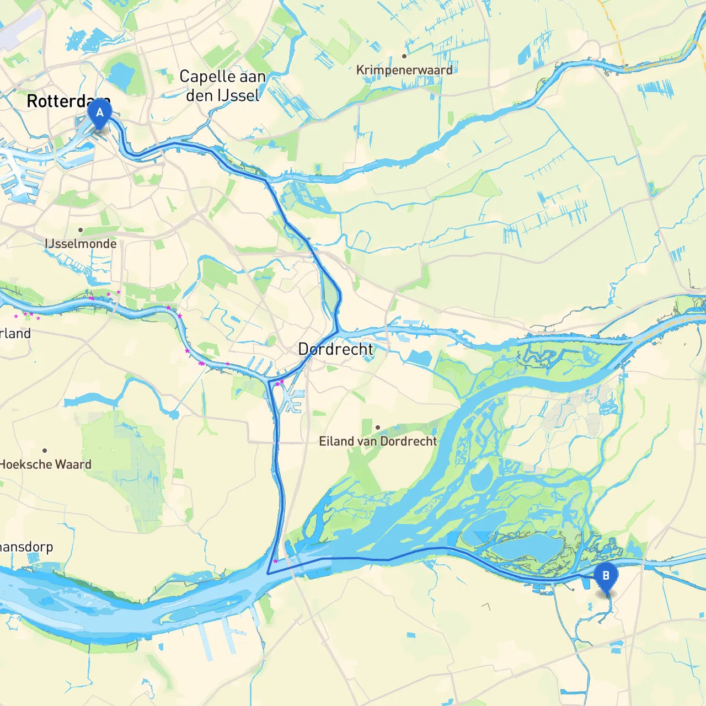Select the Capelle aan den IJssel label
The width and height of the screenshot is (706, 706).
click(222, 86)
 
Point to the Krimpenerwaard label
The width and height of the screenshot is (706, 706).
click(404, 70)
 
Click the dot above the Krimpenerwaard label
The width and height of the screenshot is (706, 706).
click(404, 56)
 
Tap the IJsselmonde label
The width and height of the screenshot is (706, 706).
click(81, 244)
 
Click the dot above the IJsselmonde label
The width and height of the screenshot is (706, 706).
click(81, 230)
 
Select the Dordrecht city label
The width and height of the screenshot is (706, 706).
click(335, 349)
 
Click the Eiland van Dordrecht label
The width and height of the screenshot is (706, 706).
click(378, 441)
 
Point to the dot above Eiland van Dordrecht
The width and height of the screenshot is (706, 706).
click(378, 427)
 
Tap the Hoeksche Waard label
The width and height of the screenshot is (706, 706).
click(45, 464)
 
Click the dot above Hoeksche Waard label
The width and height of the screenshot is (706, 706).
click(45, 451)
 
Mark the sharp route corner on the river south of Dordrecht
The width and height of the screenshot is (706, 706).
click(268, 574)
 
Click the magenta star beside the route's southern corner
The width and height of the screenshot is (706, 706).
click(275, 561)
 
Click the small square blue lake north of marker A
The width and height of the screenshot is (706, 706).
click(121, 74)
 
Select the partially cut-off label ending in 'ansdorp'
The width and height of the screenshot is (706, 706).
click(26, 547)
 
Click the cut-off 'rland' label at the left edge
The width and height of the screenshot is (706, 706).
click(15, 334)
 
